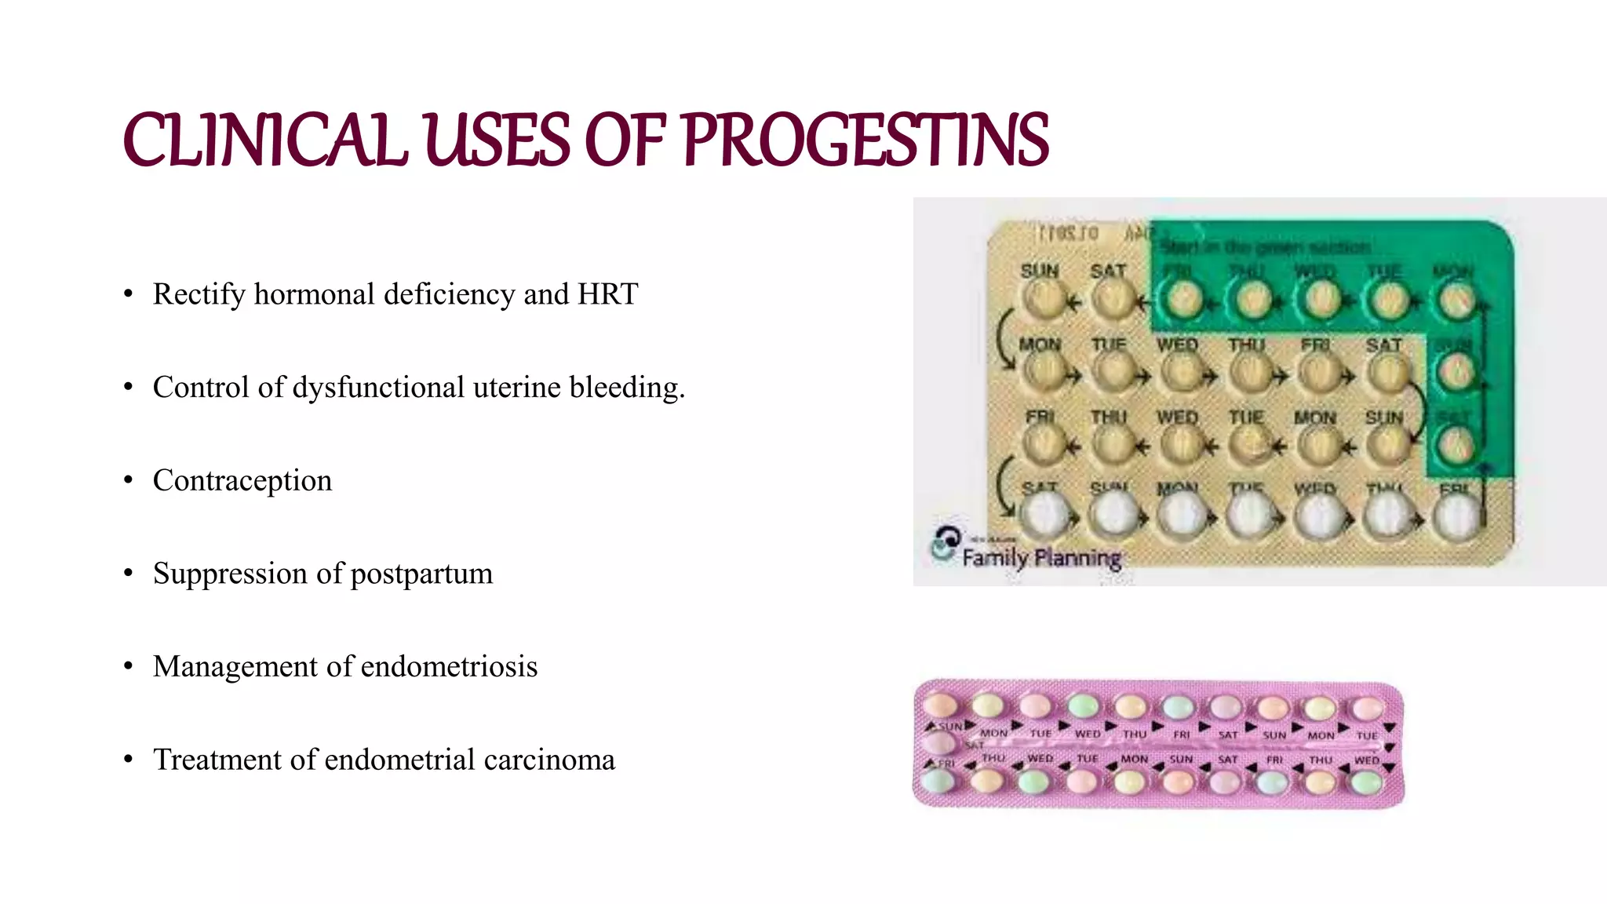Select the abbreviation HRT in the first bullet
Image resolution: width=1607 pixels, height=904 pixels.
click(x=607, y=294)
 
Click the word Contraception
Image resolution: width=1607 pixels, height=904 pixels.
click(x=242, y=480)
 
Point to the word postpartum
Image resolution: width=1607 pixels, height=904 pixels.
click(x=421, y=574)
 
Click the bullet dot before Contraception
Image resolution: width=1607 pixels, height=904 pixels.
click(x=128, y=480)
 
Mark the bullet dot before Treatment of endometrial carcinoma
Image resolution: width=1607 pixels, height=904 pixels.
click(x=128, y=760)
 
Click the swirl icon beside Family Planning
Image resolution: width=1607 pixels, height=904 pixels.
click(x=946, y=542)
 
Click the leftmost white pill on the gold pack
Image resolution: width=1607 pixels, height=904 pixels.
click(x=1044, y=516)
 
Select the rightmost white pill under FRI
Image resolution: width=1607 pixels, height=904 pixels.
click(x=1456, y=518)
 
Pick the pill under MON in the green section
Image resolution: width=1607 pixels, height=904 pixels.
click(x=1456, y=300)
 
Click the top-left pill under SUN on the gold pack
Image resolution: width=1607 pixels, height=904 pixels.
click(x=1042, y=299)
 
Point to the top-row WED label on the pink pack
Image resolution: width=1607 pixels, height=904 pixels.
click(x=1087, y=734)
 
